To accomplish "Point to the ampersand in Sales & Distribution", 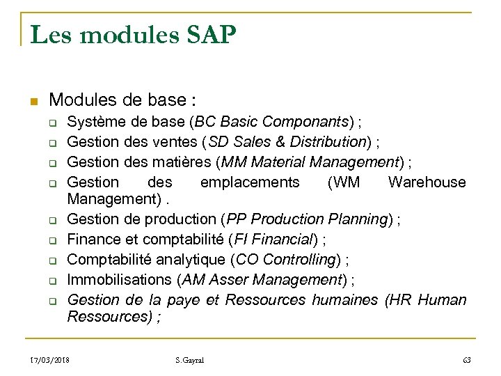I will (x=271, y=143).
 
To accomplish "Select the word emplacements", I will (x=250, y=182).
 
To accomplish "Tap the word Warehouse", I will (x=427, y=182).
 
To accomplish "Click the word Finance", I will (x=95, y=240).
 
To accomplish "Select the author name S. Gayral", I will (x=190, y=360).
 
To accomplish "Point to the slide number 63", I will (x=466, y=360).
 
